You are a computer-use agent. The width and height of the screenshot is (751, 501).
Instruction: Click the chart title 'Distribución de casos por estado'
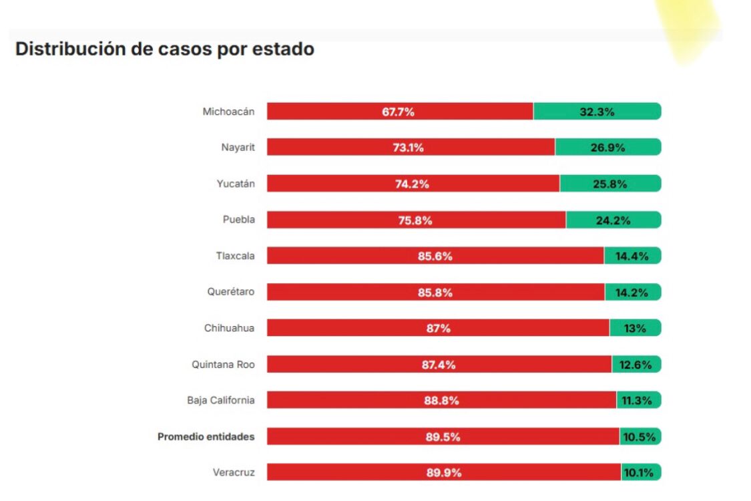[x=164, y=49]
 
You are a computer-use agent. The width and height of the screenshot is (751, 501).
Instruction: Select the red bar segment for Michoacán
[x=399, y=112]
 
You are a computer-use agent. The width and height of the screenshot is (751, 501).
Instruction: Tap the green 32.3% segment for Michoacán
[x=597, y=112]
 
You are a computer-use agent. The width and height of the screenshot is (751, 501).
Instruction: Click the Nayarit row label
[x=238, y=147]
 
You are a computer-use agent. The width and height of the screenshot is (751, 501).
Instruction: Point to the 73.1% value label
[x=408, y=148]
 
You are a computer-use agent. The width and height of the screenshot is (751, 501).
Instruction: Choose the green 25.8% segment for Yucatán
[x=610, y=184]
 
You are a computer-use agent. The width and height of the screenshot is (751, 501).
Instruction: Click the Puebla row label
[x=238, y=219]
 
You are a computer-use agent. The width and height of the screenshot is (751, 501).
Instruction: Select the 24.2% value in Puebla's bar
[x=613, y=220]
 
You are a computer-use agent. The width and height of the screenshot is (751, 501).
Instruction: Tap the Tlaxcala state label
[x=235, y=255]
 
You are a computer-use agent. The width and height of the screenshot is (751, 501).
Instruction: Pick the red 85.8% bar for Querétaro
[x=435, y=292]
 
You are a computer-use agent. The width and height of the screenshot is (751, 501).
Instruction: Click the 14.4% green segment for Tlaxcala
[x=632, y=256]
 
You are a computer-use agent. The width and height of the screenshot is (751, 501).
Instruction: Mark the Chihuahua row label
[x=229, y=328]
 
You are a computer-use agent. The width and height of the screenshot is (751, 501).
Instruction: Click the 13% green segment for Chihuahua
[x=635, y=328]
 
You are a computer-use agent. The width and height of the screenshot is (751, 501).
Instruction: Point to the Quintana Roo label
[x=223, y=365]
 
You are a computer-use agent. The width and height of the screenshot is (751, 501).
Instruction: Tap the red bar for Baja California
[x=441, y=401]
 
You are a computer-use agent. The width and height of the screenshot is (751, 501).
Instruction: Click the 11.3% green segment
[x=638, y=401]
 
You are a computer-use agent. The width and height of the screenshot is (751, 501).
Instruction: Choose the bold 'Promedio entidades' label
[x=206, y=437]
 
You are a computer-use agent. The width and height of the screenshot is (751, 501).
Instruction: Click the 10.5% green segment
[x=640, y=437]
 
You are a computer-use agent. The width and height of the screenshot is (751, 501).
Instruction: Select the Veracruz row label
[x=234, y=473]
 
